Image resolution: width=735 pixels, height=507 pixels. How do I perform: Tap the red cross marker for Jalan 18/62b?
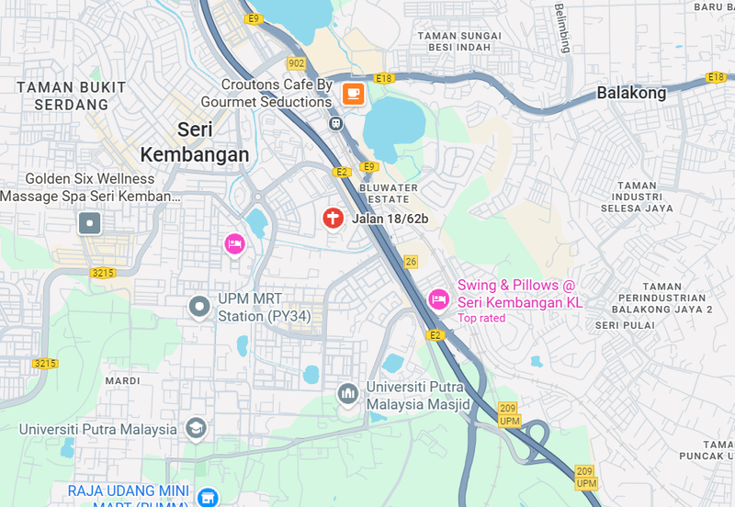333,219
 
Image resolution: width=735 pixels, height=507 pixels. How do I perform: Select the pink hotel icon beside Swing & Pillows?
438,299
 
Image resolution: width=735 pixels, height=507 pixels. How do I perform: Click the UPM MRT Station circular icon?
199,307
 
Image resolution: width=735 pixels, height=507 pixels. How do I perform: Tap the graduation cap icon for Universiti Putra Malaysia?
196,428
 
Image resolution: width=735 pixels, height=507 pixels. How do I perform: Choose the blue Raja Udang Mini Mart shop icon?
209,497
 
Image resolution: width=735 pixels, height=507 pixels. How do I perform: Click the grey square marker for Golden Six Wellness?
89,223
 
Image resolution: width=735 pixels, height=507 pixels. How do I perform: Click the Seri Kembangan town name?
195,142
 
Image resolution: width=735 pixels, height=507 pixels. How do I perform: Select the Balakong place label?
631,93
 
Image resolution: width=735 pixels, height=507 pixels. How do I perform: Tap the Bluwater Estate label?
389,193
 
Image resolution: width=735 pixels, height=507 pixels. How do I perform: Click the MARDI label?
122,380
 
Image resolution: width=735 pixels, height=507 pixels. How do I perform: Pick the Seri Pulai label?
624,325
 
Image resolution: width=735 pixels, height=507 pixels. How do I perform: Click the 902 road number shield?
296,63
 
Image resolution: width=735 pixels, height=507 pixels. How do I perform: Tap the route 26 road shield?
411,262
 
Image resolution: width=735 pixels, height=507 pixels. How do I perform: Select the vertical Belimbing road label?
561,28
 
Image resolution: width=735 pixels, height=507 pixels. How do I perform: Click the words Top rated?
481,318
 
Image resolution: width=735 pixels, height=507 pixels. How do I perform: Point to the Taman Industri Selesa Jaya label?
637,197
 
